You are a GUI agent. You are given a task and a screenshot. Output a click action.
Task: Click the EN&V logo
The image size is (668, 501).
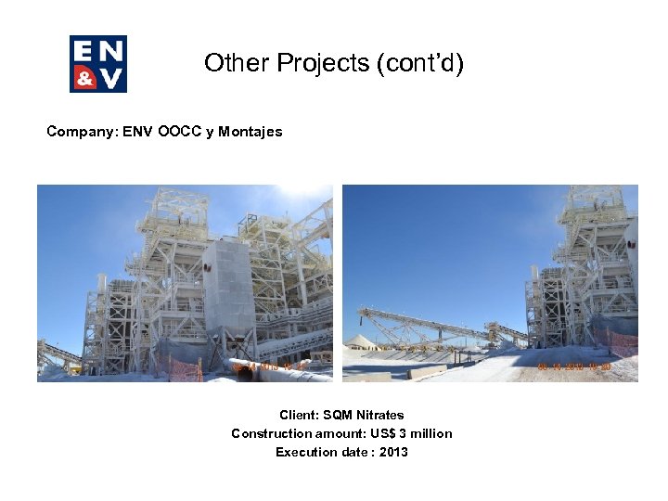point(97,64)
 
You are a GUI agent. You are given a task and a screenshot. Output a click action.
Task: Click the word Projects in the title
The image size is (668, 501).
point(295,63)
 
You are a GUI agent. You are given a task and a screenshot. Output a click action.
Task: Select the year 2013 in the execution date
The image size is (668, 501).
point(393,452)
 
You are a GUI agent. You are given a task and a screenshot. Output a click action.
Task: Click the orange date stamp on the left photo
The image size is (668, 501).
point(270,367)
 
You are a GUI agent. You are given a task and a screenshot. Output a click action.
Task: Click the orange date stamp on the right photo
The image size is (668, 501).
point(574,366)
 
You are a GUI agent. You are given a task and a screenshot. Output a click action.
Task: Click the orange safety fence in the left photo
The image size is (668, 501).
point(186,368)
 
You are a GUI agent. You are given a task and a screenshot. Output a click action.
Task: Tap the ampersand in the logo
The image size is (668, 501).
point(84,78)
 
